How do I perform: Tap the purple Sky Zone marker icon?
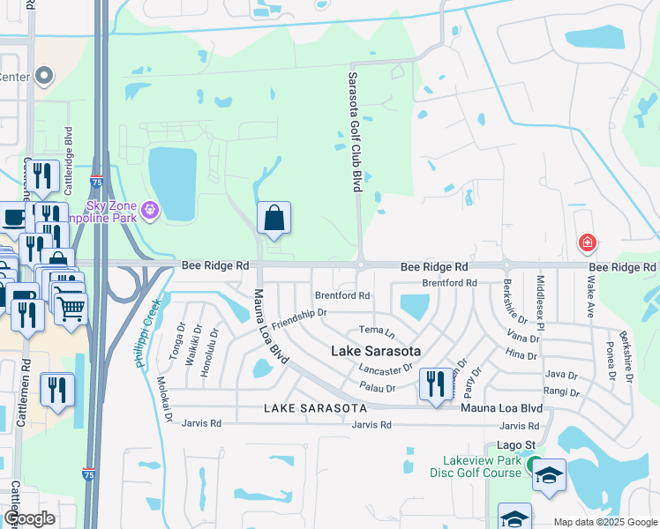tap(151, 209)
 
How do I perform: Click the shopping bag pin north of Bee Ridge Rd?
tap(274, 218)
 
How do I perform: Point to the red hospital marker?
tap(586, 242)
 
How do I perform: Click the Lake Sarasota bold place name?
tap(375, 350)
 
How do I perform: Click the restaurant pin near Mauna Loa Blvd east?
tap(433, 384)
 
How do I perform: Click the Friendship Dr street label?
tap(299, 319)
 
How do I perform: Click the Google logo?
tap(29, 518)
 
